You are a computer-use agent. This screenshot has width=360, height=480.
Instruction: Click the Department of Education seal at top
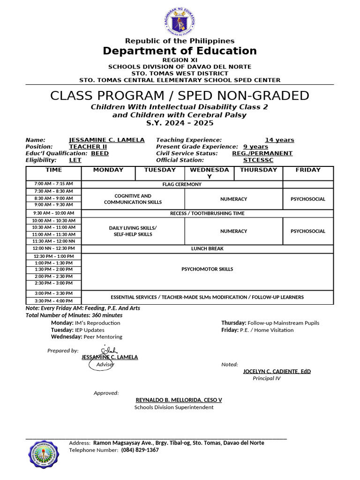pyautogui.click(x=180, y=22)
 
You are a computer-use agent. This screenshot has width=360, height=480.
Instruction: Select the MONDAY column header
pyautogui.click(x=108, y=170)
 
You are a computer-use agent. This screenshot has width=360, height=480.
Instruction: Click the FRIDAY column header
pyautogui.click(x=308, y=170)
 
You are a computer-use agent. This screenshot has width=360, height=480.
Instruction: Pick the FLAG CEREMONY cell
pyautogui.click(x=182, y=184)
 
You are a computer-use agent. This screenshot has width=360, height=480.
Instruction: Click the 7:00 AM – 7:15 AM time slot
pyautogui.click(x=53, y=184)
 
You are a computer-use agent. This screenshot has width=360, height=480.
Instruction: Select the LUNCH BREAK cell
pyautogui.click(x=207, y=248)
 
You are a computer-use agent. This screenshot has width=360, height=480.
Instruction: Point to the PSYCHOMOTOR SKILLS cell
pyautogui.click(x=207, y=269)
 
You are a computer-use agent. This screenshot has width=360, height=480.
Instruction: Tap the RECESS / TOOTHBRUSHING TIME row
pyautogui.click(x=207, y=213)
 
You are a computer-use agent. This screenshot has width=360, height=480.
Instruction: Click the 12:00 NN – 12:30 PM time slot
pyautogui.click(x=53, y=248)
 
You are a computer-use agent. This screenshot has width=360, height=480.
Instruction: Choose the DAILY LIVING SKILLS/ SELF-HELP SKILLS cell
pyautogui.click(x=133, y=231)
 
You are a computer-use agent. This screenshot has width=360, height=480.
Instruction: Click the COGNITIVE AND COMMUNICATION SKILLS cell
pyautogui.click(x=133, y=199)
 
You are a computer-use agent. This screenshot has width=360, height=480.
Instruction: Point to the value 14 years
pyautogui.click(x=279, y=140)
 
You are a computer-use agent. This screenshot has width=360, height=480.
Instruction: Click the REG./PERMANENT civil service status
pyautogui.click(x=262, y=153)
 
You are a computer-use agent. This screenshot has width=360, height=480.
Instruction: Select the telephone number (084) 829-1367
pyautogui.click(x=140, y=450)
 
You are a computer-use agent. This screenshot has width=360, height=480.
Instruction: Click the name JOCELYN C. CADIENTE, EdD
pyautogui.click(x=277, y=371)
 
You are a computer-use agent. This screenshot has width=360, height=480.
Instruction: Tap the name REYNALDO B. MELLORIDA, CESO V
pyautogui.click(x=179, y=400)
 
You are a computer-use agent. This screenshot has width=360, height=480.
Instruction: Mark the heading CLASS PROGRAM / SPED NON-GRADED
pyautogui.click(x=180, y=96)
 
